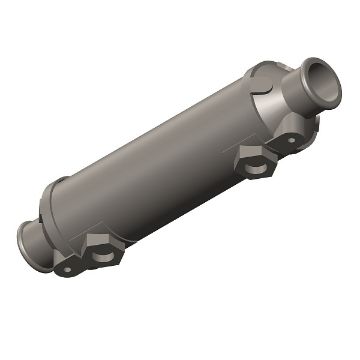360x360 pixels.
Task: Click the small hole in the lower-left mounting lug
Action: click(67, 269)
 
